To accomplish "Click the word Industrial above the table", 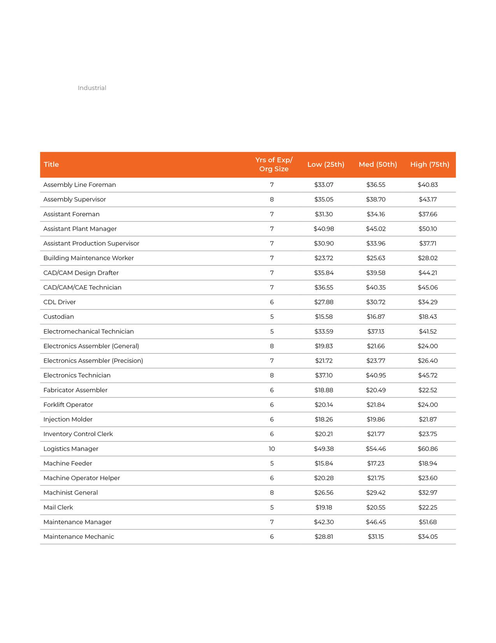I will (x=92, y=88).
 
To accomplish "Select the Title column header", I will (x=51, y=164).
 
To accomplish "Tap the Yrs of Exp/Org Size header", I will (x=274, y=164).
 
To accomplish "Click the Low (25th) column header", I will (x=326, y=164).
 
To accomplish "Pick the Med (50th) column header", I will (x=378, y=164).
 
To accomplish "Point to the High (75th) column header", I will (x=429, y=164).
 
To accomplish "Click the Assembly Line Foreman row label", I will (x=80, y=185).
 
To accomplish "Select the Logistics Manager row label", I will (x=71, y=449).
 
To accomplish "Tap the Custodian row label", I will (x=59, y=317).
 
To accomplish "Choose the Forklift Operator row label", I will (x=68, y=405).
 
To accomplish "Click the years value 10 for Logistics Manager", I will (x=272, y=449).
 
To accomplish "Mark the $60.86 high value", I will (x=428, y=449).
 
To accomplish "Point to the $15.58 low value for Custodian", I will (x=324, y=317).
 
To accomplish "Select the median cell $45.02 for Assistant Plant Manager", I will (x=376, y=229).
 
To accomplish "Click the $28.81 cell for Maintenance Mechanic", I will (x=324, y=537).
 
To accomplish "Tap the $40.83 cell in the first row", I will (x=428, y=185).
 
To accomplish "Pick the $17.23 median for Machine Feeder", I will (x=376, y=463).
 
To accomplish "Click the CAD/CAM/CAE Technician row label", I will (x=82, y=288).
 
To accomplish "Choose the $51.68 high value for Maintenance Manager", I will (x=428, y=522).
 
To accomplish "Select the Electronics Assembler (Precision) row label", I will (x=93, y=361).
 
